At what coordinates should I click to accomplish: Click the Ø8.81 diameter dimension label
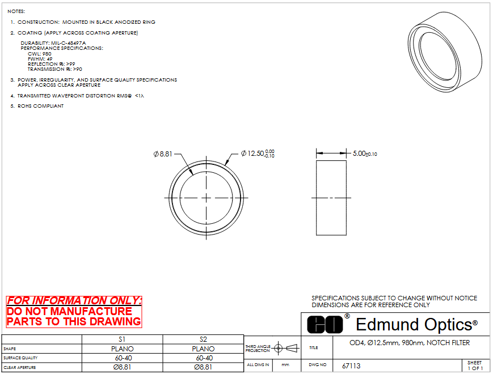[163, 154]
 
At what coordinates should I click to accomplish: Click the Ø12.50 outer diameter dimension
[258, 154]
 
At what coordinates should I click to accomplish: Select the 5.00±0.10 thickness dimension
[365, 154]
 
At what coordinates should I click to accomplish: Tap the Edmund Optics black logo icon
[325, 324]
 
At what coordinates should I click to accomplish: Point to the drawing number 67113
[351, 366]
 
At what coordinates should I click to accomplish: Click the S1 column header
[122, 339]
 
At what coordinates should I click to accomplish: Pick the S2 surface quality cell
[204, 358]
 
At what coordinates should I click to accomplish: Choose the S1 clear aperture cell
[123, 367]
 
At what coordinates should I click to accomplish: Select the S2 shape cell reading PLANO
[204, 349]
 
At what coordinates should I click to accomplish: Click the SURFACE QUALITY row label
[20, 358]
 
